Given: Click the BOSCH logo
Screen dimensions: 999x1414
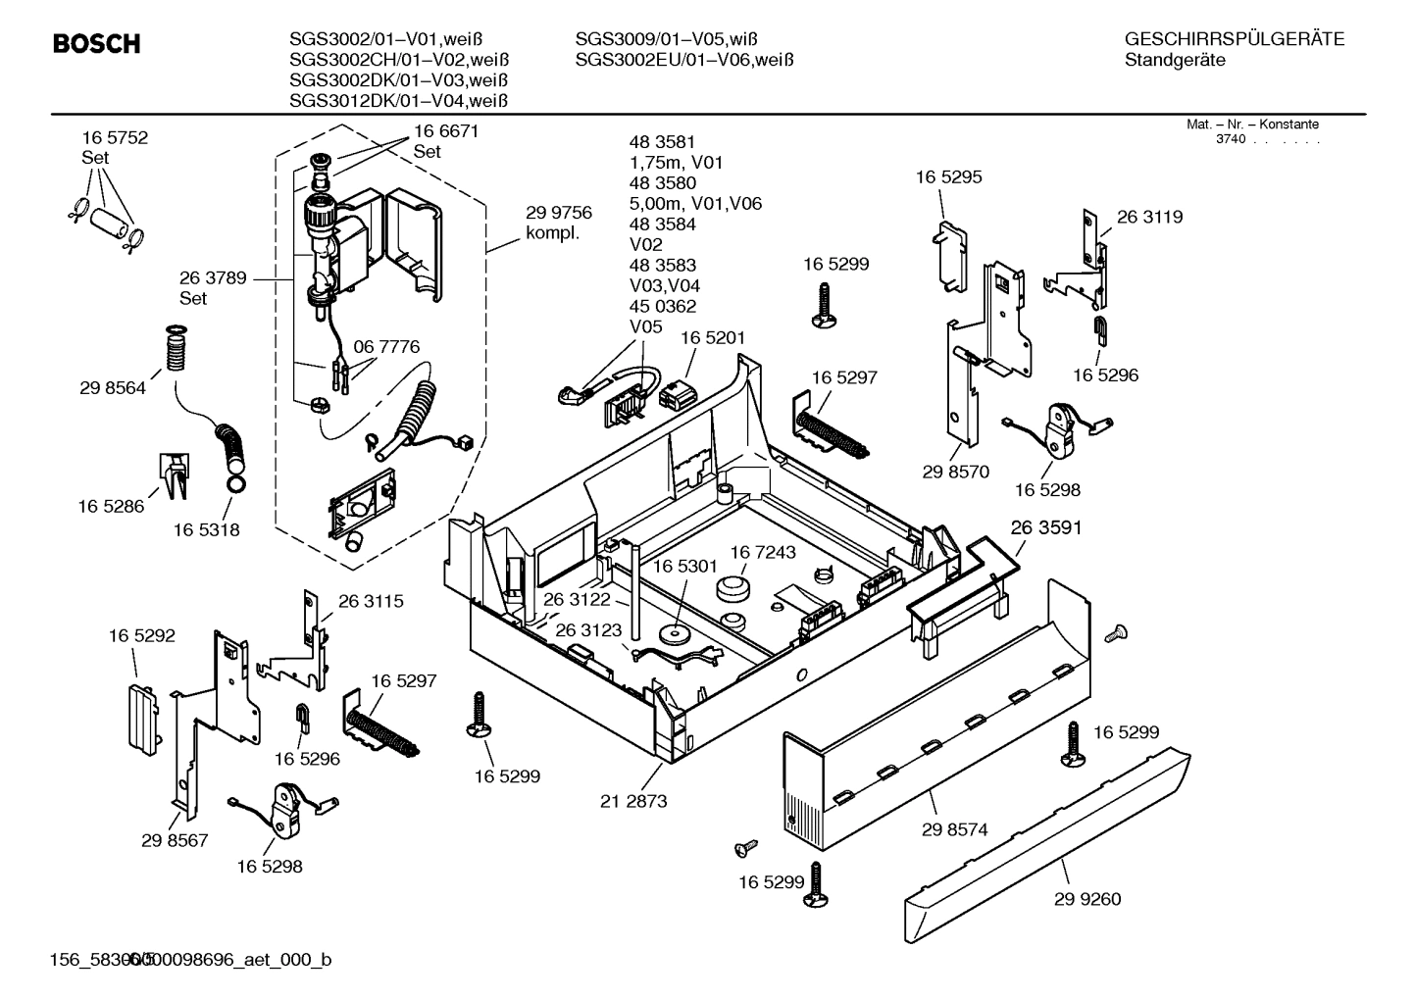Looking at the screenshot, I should coord(96,44).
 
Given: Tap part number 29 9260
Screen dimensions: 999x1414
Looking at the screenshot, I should coord(1087,899).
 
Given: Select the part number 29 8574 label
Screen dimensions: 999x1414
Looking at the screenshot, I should coord(954,829).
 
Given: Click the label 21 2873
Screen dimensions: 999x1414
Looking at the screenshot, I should coord(633,801).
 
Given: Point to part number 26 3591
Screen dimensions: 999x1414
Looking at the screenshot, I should coord(1046,527).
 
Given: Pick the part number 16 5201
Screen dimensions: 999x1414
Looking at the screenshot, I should coord(713,337).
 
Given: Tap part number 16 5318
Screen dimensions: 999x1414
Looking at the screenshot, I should coord(207,529).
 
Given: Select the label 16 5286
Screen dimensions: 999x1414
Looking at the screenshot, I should coord(111,506).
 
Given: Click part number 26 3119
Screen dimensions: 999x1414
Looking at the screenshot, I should coord(1149,217).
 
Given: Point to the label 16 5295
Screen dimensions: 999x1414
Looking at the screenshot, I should coord(948,177).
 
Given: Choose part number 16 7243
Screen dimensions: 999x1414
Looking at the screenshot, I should coord(763,553).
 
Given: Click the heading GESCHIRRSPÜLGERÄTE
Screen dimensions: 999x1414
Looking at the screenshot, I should coord(1235,39).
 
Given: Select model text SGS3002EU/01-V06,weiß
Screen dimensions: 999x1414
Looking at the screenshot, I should coord(683,60).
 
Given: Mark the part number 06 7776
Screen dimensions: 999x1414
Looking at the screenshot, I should coord(386,346).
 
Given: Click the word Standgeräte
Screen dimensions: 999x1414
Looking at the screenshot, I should coord(1175,60).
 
